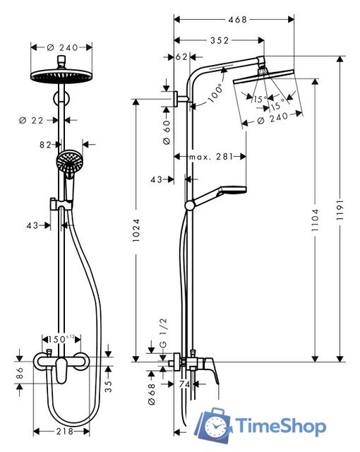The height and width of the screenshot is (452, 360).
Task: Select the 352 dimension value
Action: tap(219, 40)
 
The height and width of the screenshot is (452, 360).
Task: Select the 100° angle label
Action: tap(215, 90)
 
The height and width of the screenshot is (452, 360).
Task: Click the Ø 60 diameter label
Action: tap(167, 132)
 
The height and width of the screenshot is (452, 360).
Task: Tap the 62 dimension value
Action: tap(181, 56)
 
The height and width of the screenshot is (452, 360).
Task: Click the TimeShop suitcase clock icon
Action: tap(214, 425)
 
